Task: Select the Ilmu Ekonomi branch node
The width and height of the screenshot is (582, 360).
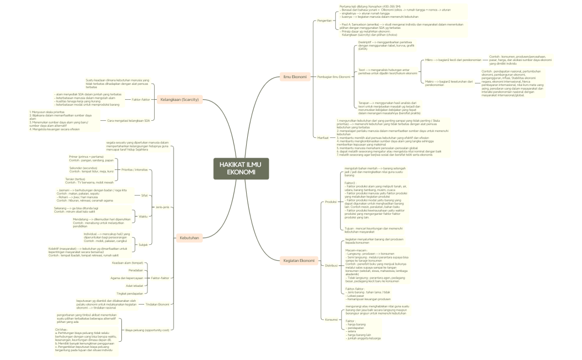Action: click(x=295, y=76)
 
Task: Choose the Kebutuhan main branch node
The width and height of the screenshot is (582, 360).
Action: click(x=189, y=238)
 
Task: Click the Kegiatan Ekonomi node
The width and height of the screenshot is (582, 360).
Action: click(x=299, y=260)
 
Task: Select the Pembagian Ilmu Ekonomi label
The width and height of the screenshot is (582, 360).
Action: click(x=333, y=76)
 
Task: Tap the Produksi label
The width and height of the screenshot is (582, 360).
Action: click(x=330, y=202)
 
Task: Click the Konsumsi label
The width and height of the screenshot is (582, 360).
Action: click(x=330, y=319)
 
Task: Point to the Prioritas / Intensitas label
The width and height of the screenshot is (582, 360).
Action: click(x=133, y=169)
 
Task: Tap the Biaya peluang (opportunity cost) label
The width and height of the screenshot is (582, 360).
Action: click(x=149, y=330)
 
